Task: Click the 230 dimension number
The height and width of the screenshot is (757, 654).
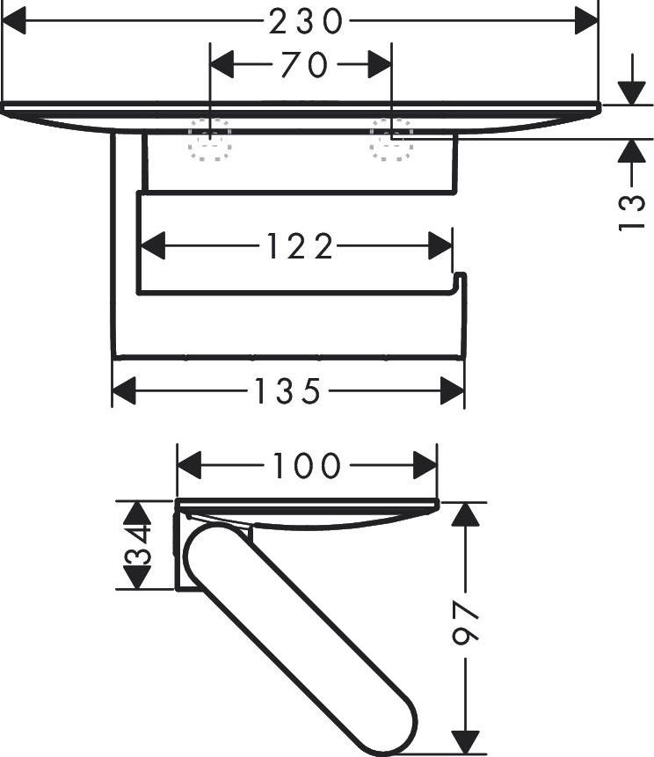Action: [x=306, y=22]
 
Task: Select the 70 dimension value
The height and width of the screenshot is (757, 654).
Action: [x=304, y=65]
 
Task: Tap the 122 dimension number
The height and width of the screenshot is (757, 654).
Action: [x=299, y=246]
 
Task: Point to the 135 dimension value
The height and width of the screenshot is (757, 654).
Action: [x=287, y=391]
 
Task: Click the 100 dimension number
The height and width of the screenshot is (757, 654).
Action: [x=307, y=466]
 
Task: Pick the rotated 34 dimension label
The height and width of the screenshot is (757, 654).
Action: [x=137, y=545]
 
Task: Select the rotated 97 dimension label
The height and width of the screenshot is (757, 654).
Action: [x=465, y=622]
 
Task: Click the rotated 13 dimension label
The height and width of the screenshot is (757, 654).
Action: [x=632, y=213]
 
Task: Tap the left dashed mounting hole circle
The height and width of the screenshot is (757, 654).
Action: [x=210, y=140]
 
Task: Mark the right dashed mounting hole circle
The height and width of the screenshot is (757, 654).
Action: [x=391, y=140]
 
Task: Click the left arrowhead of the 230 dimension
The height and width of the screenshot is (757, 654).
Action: [x=14, y=21]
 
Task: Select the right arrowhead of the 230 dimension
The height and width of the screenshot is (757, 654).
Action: [x=586, y=21]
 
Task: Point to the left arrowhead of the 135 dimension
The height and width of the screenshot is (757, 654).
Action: [x=124, y=391]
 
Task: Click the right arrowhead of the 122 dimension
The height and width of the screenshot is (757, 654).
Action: [x=440, y=245]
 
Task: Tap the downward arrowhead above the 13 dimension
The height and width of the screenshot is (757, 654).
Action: [x=632, y=93]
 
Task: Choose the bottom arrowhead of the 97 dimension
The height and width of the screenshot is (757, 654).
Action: [x=465, y=742]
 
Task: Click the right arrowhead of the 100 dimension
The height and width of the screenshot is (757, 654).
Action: [x=425, y=466]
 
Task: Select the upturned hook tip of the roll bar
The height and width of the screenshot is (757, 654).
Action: [x=461, y=275]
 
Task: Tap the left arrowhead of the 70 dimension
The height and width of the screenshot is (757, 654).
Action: [x=222, y=64]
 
